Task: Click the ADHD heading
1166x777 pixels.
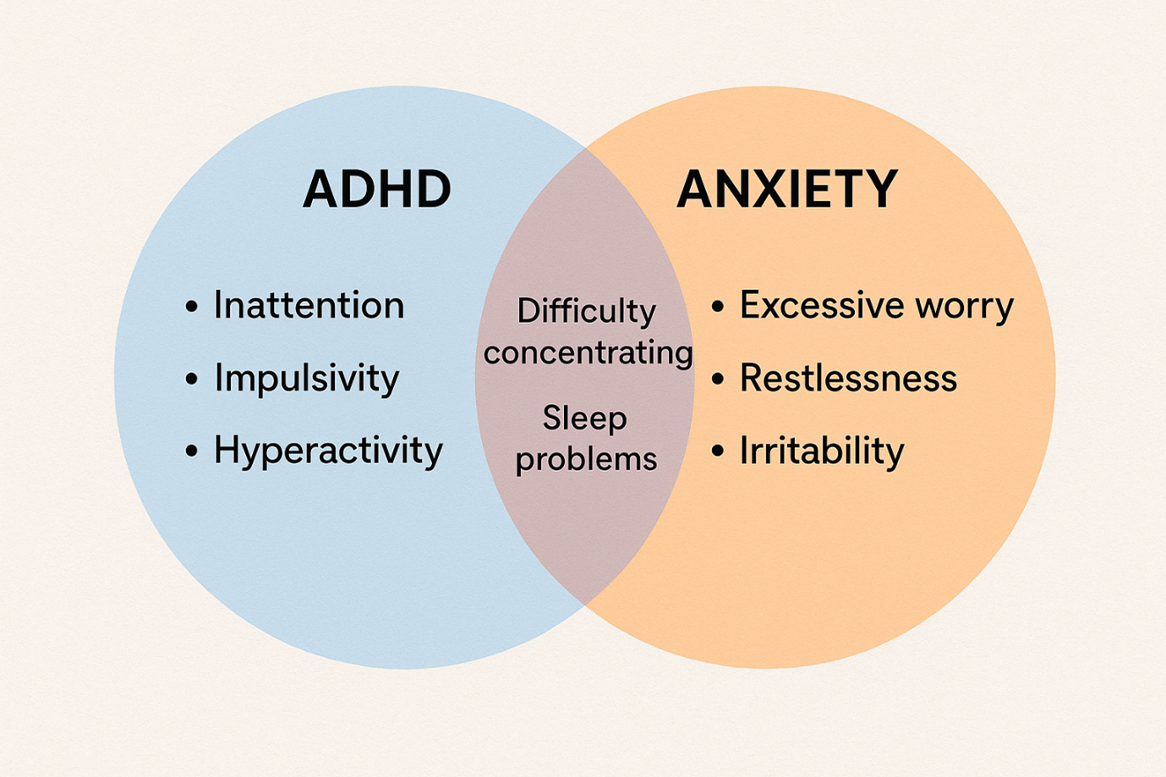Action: pyautogui.click(x=377, y=189)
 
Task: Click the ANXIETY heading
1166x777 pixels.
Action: pyautogui.click(x=787, y=189)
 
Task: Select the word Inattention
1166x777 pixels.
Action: pyautogui.click(x=309, y=305)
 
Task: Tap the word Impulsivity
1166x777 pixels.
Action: pyautogui.click(x=306, y=378)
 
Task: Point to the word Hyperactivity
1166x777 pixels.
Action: pyautogui.click(x=328, y=451)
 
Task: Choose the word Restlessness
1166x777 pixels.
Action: pyautogui.click(x=848, y=378)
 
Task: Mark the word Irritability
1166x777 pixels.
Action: pyautogui.click(x=822, y=451)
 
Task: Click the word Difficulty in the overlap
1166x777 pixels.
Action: pyautogui.click(x=586, y=312)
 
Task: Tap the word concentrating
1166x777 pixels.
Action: pyautogui.click(x=588, y=353)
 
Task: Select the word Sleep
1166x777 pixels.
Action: pyautogui.click(x=584, y=419)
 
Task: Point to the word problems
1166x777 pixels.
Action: pyautogui.click(x=586, y=459)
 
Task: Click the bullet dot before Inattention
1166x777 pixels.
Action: pyautogui.click(x=192, y=307)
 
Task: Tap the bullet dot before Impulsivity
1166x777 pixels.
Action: pyautogui.click(x=192, y=379)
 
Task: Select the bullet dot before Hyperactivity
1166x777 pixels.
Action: pyautogui.click(x=192, y=451)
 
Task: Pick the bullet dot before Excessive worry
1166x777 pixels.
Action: pyautogui.click(x=718, y=307)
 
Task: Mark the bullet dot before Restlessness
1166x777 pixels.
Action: pyautogui.click(x=718, y=379)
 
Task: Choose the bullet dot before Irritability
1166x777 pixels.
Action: pyautogui.click(x=718, y=451)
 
